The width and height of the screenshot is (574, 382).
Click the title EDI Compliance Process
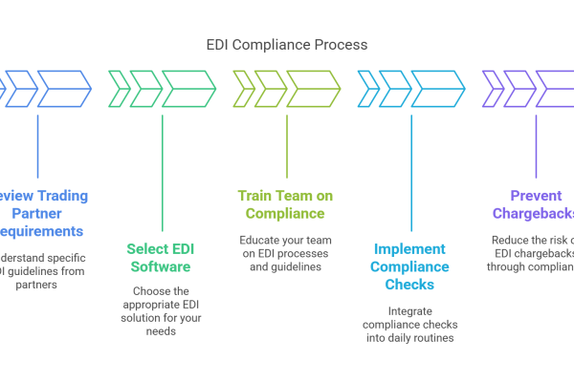[287, 45]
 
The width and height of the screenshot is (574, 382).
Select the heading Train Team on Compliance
[287, 204]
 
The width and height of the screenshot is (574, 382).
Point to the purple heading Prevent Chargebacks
[530, 204]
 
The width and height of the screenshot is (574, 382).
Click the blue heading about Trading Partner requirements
[44, 213]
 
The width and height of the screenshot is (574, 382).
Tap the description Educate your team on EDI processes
[287, 251]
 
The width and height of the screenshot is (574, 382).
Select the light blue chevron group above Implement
[411, 88]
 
